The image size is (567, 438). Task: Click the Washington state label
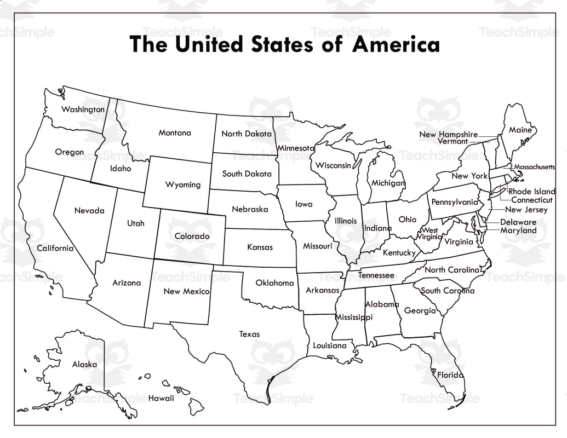[83, 109]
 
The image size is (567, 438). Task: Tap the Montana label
[175, 133]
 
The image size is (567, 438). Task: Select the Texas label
[249, 334]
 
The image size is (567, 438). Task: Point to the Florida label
[450, 375]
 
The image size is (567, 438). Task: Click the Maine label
[520, 130]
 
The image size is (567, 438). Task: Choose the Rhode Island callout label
[531, 192]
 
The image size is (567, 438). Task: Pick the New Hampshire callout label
[449, 134]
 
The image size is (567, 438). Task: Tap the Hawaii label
[161, 398]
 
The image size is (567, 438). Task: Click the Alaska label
[84, 364]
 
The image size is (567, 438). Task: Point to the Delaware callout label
[518, 222]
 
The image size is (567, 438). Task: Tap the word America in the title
[396, 44]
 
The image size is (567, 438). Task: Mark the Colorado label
[192, 237]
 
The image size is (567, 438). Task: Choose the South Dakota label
[247, 174]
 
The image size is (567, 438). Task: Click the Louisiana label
[329, 345]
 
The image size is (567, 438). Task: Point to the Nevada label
[89, 211]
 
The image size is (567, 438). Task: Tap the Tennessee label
[376, 275]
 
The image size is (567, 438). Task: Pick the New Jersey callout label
[526, 210]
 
